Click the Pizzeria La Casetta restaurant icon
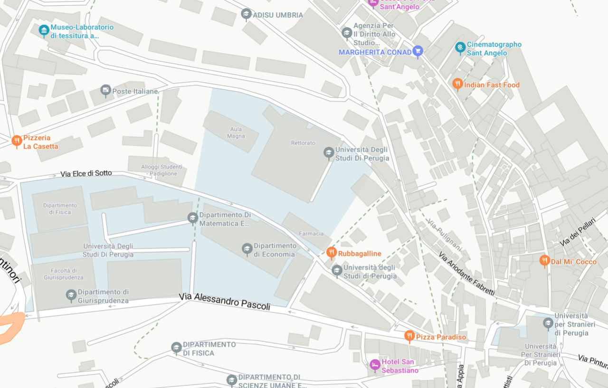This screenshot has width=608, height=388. (x=17, y=141)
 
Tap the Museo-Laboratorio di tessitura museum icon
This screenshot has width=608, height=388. (x=44, y=31)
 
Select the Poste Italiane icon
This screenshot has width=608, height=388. (x=105, y=90)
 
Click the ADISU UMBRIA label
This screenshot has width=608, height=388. (x=277, y=15)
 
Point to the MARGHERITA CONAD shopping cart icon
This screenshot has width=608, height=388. (x=418, y=51)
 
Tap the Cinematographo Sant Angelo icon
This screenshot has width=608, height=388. (x=460, y=47)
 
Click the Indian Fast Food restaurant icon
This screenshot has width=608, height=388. (x=457, y=85)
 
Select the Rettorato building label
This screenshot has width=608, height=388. (x=303, y=142)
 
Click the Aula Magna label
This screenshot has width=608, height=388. (x=236, y=132)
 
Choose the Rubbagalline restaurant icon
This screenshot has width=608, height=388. (x=332, y=253)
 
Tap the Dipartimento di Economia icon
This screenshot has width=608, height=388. (x=247, y=249)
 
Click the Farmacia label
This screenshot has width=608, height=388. (x=311, y=233)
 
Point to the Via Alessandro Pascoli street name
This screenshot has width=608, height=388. (x=225, y=302)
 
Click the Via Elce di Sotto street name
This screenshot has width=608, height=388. (x=86, y=174)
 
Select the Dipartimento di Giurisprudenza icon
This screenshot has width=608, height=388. (x=71, y=295)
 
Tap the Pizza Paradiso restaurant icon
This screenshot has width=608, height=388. (x=409, y=336)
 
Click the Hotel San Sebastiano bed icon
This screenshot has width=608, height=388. (x=375, y=365)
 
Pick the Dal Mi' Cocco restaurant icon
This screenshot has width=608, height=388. (x=544, y=261)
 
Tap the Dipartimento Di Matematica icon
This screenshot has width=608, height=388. (x=192, y=218)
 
